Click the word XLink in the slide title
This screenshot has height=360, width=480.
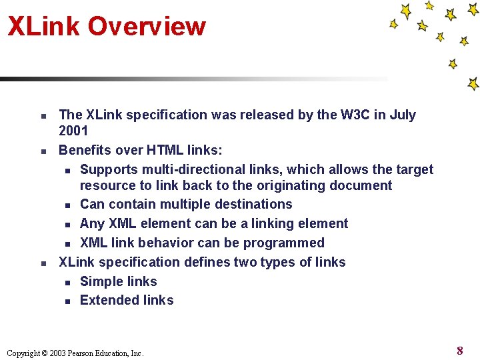tap(44, 27)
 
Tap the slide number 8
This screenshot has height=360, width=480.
tap(459, 351)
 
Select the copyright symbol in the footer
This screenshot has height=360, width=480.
tap(44, 353)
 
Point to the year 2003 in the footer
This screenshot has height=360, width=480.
tap(57, 353)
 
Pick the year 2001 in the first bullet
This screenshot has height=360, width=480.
tap(74, 131)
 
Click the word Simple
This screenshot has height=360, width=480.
tap(100, 281)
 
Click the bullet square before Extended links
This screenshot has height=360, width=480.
tap(67, 302)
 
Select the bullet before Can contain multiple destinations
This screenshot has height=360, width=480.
tap(67, 206)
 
